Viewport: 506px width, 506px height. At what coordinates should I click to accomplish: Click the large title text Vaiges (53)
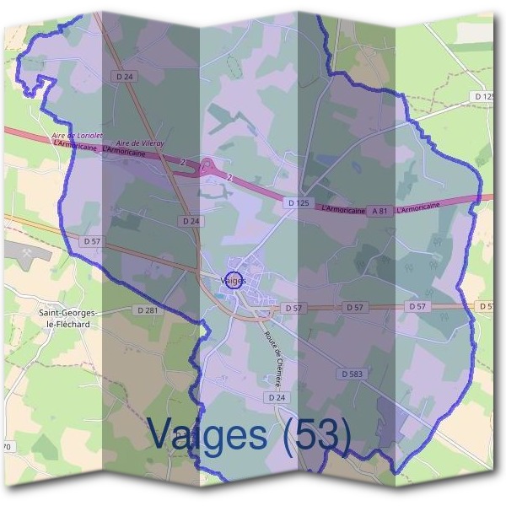pyautogui.click(x=249, y=433)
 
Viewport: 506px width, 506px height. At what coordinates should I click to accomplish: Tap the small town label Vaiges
pyautogui.click(x=231, y=280)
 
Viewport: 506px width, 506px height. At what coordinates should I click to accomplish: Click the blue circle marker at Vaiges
pyautogui.click(x=235, y=280)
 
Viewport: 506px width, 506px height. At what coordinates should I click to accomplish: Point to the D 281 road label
pyautogui.click(x=147, y=310)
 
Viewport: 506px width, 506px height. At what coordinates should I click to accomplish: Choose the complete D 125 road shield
pyautogui.click(x=297, y=203)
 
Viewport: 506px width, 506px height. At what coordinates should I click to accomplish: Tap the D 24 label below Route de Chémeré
pyautogui.click(x=275, y=396)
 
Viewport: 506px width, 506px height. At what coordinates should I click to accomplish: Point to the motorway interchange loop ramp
pyautogui.click(x=208, y=167)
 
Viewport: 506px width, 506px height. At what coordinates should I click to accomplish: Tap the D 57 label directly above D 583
pyautogui.click(x=354, y=307)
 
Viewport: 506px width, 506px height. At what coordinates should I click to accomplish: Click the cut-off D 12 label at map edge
pyautogui.click(x=483, y=97)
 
